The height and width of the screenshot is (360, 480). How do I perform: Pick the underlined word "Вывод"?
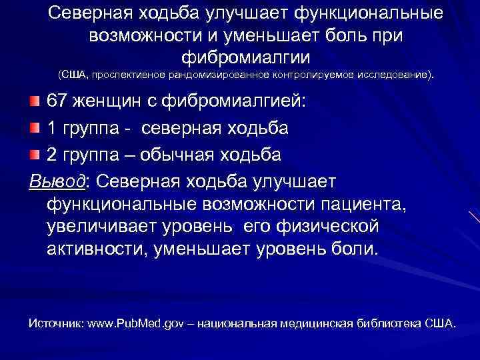[58, 181]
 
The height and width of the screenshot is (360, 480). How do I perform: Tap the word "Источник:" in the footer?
[55, 323]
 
